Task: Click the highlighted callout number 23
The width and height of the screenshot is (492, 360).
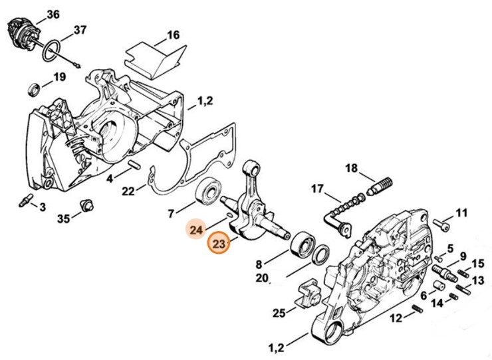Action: (219, 244)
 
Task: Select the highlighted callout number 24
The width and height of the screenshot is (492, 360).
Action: (196, 230)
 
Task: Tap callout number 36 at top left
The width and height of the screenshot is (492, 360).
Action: (52, 14)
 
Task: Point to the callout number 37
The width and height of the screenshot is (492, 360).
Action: (80, 30)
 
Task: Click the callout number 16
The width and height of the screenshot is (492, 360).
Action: (172, 35)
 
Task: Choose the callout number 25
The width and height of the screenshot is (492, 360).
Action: (279, 312)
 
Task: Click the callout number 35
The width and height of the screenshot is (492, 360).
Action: (63, 219)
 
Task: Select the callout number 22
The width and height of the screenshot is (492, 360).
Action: (128, 191)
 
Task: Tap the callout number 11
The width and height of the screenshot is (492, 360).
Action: (461, 213)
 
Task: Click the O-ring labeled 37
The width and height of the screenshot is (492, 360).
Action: (53, 52)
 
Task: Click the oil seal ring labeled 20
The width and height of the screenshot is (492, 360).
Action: (321, 253)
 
